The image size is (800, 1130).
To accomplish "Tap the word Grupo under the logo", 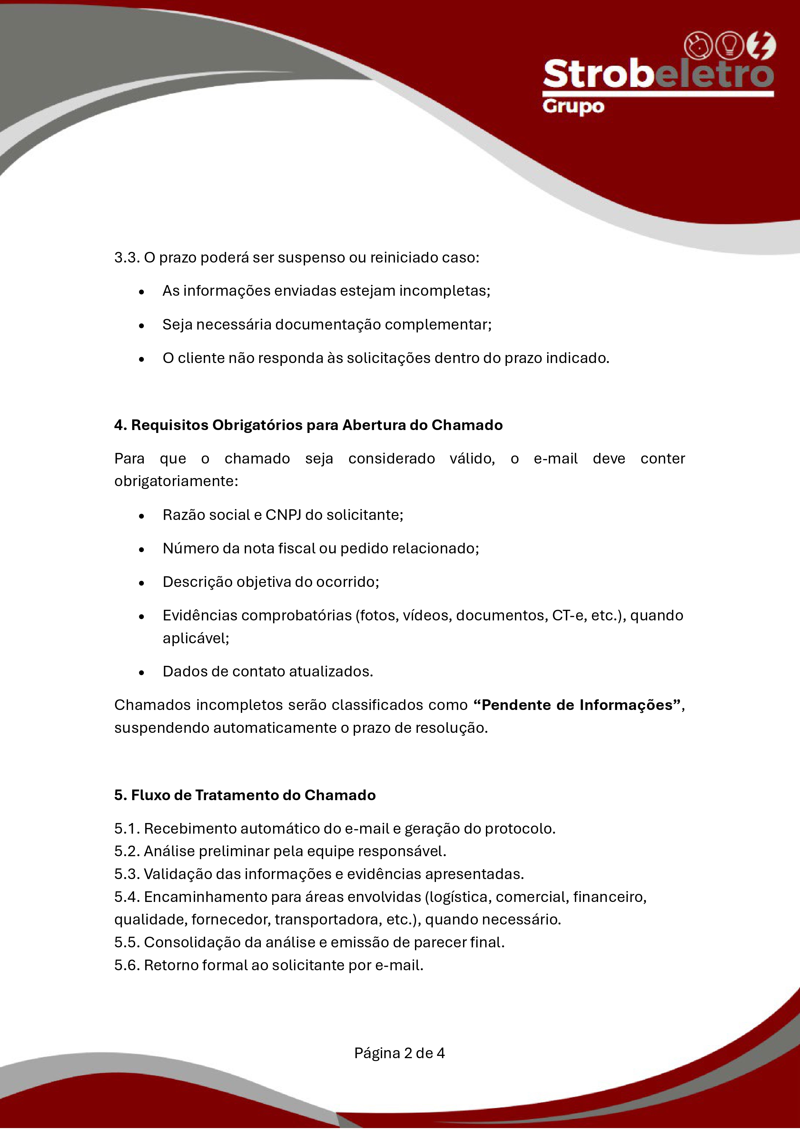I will (573, 107).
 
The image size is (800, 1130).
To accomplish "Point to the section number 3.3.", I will (127, 257).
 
